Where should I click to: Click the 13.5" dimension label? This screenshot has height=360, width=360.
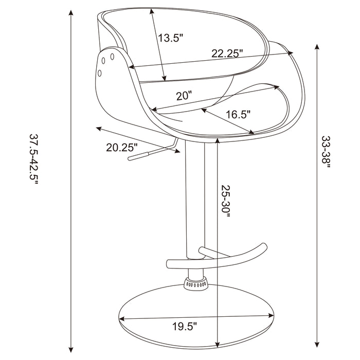(x=171, y=38)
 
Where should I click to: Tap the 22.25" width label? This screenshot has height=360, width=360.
(x=227, y=53)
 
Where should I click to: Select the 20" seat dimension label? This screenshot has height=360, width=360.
(x=184, y=95)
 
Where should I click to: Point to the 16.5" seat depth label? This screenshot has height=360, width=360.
(x=237, y=115)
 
